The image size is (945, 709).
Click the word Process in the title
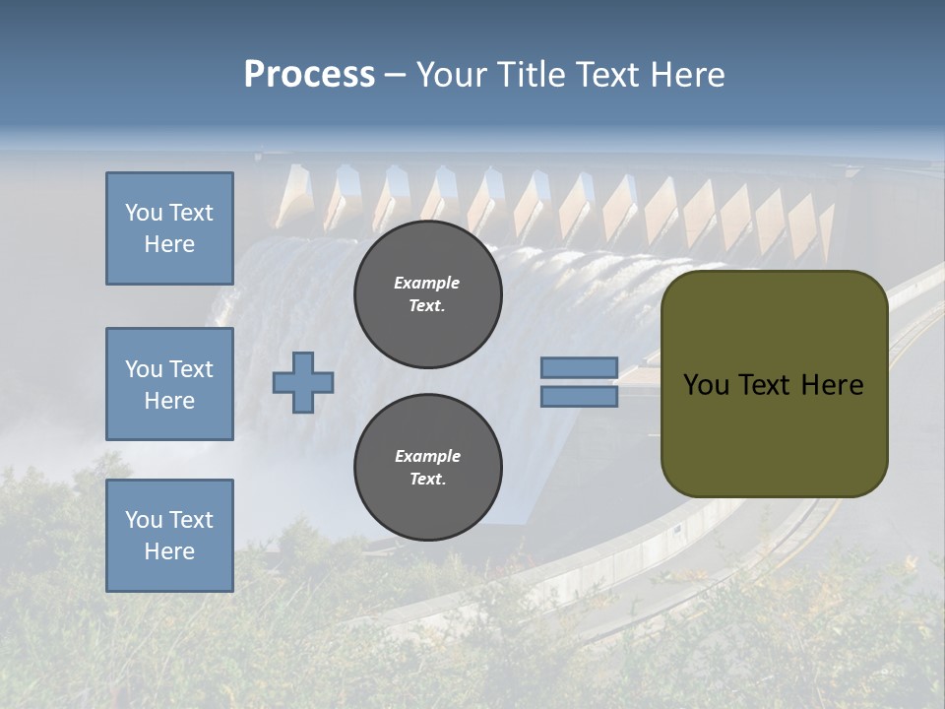[309, 75]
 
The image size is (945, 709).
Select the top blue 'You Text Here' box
[169, 228]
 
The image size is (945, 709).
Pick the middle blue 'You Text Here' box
[169, 384]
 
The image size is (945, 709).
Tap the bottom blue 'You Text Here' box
[169, 535]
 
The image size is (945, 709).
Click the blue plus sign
[303, 383]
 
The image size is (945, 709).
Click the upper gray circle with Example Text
[427, 293]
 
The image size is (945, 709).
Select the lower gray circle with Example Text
[427, 467]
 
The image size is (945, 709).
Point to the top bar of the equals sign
[579, 368]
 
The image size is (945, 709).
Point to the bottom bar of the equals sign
[579, 397]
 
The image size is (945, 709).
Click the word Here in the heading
[690, 75]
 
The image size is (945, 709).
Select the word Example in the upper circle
[427, 283]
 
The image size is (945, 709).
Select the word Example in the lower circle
[427, 456]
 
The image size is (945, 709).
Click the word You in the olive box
[706, 385]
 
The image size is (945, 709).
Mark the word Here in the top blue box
[169, 244]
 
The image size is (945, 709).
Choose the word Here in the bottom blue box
[169, 551]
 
